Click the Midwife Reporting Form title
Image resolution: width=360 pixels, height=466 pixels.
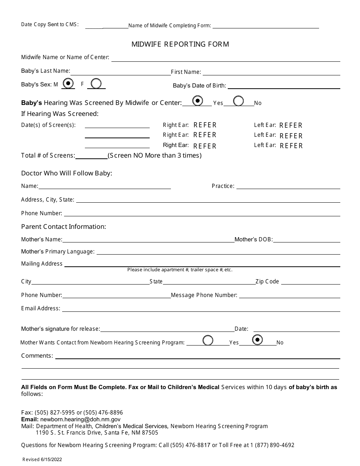coord(180,44)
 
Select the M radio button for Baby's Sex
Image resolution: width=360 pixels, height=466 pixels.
coord(68,83)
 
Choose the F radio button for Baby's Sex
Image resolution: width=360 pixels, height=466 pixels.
coord(96,83)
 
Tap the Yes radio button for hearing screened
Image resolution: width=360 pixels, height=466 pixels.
coord(197,101)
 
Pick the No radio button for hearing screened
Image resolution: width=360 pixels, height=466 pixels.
coord(238,101)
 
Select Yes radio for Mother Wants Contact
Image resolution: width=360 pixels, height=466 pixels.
coord(208,340)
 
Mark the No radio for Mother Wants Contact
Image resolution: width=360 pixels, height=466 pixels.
coord(257,340)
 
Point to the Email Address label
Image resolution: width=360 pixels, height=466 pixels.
coord(41,308)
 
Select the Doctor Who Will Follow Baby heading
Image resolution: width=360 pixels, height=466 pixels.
coord(67,173)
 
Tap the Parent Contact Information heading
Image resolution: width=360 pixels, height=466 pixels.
coord(64,227)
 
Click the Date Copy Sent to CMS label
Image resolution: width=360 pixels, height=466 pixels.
coord(50,25)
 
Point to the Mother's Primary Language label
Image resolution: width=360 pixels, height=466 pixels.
coord(58,252)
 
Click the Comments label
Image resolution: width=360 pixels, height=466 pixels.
coord(37,355)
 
